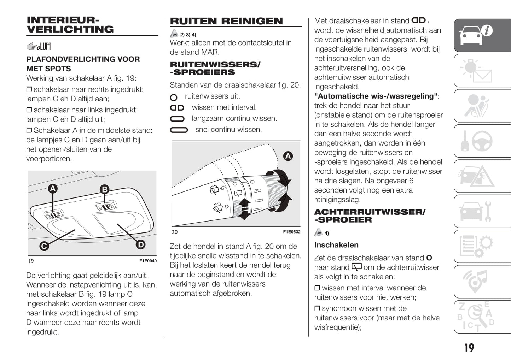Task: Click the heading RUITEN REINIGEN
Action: (x=226, y=21)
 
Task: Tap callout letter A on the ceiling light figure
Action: (x=53, y=189)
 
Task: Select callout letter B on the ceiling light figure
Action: (x=104, y=189)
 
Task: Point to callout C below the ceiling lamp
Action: (x=44, y=246)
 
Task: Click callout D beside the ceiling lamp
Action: (x=140, y=244)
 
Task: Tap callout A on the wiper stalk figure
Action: (x=288, y=156)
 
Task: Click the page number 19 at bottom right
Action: (x=469, y=348)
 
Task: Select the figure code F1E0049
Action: (x=148, y=261)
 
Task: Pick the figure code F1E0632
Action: (x=292, y=232)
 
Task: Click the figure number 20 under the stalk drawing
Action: (x=175, y=232)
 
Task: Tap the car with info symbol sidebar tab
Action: (x=482, y=35)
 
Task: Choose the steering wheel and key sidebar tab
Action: (x=482, y=141)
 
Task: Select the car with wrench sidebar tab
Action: (x=482, y=211)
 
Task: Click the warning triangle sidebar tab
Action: (x=482, y=176)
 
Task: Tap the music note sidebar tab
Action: (x=482, y=281)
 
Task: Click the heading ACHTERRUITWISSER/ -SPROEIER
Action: (x=370, y=216)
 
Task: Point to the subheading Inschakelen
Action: (x=336, y=245)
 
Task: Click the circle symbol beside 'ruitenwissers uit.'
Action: (x=174, y=97)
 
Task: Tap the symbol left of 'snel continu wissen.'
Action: (x=179, y=130)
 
